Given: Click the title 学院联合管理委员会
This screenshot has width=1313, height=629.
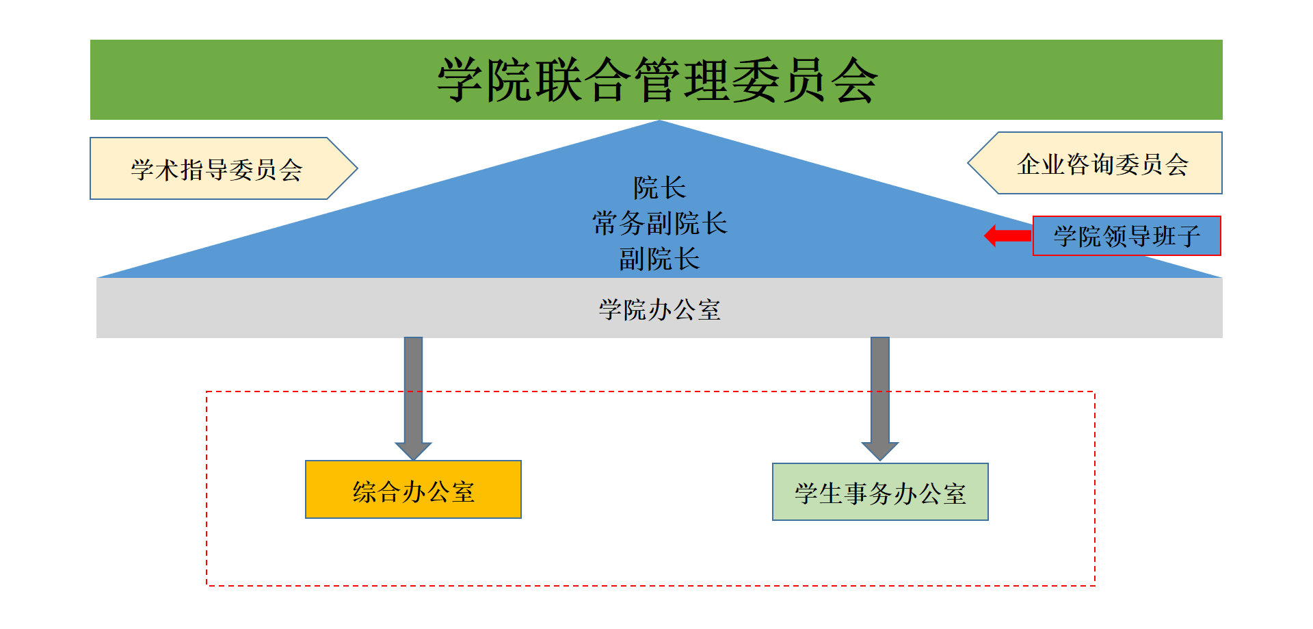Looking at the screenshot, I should click(x=656, y=80).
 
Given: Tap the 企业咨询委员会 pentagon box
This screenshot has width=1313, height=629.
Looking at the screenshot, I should click(x=1102, y=164).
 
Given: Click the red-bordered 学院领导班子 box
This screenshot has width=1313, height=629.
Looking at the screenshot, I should click(x=1126, y=236).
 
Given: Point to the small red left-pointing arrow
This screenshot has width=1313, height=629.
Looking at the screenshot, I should click(x=1007, y=236).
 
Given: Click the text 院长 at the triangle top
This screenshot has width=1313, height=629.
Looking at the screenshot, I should click(x=659, y=188).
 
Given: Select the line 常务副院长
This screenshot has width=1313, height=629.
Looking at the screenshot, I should click(x=659, y=223).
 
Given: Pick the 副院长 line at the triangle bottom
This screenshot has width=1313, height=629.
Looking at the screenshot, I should click(x=659, y=259).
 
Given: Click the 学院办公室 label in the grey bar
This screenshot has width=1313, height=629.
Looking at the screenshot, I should click(x=659, y=309).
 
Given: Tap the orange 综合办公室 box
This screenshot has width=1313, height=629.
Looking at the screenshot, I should click(x=413, y=490).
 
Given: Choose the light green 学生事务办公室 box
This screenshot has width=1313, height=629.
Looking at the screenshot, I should click(x=880, y=492).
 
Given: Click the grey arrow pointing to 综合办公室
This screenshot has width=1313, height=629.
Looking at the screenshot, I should click(x=413, y=390).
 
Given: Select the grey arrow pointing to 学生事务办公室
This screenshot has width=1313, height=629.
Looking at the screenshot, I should click(x=880, y=390).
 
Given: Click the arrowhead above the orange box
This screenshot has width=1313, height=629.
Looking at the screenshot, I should click(x=413, y=451).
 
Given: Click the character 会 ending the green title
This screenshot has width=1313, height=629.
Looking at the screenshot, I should click(x=854, y=80).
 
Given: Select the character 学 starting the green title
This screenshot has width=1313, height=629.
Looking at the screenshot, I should click(x=460, y=80).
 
